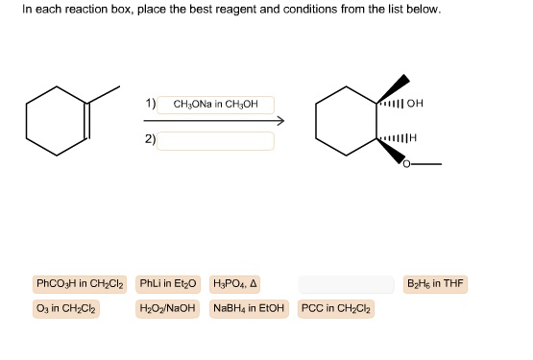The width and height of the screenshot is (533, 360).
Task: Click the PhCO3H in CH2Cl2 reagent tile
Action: click(76, 284)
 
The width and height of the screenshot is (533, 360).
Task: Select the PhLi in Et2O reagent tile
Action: click(168, 284)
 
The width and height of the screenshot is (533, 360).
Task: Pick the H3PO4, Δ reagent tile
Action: click(233, 284)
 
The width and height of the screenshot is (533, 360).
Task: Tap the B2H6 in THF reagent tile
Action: click(436, 284)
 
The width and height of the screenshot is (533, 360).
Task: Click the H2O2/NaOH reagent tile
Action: click(168, 308)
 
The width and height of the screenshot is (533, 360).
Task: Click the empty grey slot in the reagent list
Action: click(346, 284)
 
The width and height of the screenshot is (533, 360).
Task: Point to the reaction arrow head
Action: click(281, 122)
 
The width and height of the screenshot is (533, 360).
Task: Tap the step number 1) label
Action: click(151, 103)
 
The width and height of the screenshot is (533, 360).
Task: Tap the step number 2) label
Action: click(151, 139)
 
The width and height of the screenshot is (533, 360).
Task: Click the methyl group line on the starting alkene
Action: click(103, 89)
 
